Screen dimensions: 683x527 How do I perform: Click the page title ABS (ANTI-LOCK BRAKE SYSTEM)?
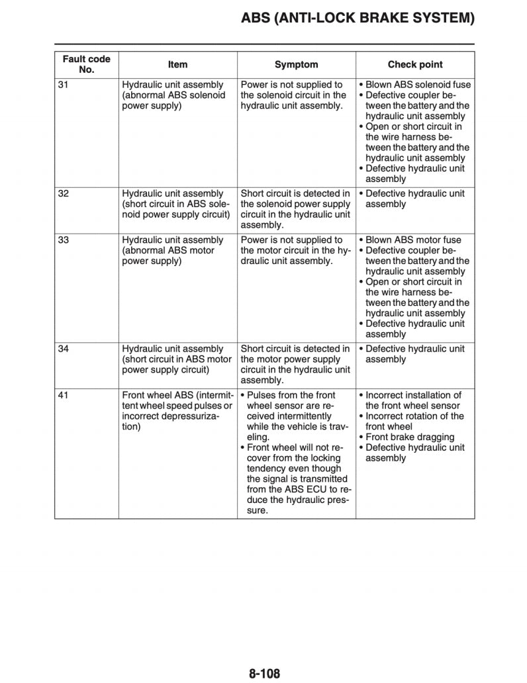[x=358, y=18]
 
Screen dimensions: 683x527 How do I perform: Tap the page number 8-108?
[x=265, y=674]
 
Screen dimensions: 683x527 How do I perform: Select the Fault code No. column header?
[x=87, y=64]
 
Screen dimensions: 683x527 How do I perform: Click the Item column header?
[x=177, y=64]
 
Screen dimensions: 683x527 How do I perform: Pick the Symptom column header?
[x=296, y=64]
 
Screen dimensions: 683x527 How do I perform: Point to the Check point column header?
[x=415, y=64]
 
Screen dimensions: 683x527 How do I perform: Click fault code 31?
[x=64, y=85]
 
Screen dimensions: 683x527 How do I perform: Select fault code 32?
[x=64, y=193]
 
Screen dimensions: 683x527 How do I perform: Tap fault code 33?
[x=64, y=240]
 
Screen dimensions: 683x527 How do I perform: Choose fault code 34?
[x=64, y=349]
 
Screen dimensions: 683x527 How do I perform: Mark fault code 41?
[x=64, y=395]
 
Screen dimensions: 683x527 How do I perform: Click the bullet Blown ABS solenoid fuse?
[x=415, y=85]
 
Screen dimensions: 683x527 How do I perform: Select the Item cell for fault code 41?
[x=177, y=410]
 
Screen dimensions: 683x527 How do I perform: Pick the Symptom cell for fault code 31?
[x=294, y=95]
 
